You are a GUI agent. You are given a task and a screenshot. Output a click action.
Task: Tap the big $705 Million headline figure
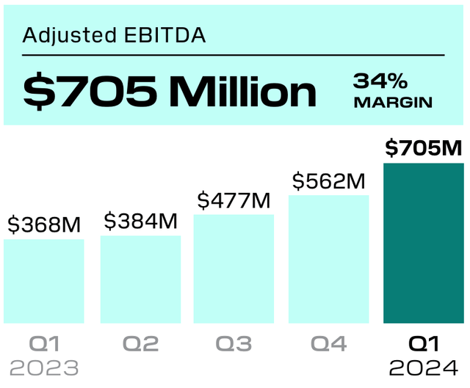tap(170, 90)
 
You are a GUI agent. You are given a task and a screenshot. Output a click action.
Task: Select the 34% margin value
tap(380, 81)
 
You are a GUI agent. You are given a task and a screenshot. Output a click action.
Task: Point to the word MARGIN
tap(393, 103)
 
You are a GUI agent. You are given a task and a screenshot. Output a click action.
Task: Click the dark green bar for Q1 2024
tap(424, 242)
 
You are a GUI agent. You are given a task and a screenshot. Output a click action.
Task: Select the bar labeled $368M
tap(44, 280)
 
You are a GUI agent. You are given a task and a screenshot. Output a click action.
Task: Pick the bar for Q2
tap(140, 279)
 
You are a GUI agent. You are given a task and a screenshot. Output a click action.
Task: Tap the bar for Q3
tap(234, 268)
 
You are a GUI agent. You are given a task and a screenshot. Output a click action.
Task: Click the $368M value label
tap(44, 224)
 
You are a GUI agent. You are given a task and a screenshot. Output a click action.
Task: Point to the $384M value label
tap(140, 220)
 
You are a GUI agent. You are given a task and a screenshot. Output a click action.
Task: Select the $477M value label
tap(234, 200)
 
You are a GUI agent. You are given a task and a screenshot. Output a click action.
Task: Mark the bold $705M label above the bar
tap(424, 148)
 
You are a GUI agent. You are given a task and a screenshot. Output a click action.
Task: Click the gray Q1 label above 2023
tap(44, 343)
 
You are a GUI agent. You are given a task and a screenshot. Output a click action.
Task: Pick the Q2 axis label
tap(140, 343)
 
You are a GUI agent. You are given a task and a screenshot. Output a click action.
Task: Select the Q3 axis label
tap(234, 343)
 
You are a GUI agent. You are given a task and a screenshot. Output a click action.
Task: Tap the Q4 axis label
tap(328, 343)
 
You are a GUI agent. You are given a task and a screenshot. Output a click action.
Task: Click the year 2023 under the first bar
tap(44, 367)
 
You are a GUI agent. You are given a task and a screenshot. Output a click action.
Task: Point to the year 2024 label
tap(424, 367)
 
